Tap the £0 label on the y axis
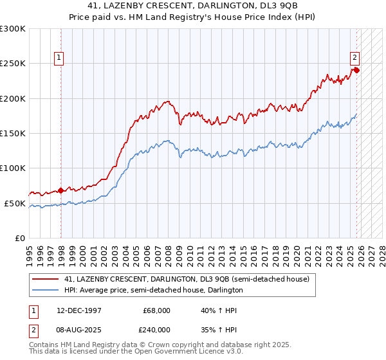click(19, 238)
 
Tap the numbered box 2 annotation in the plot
click(354, 57)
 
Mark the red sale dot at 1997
click(60, 190)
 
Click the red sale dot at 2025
click(356, 70)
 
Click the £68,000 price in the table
click(156, 310)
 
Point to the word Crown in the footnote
click(152, 345)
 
